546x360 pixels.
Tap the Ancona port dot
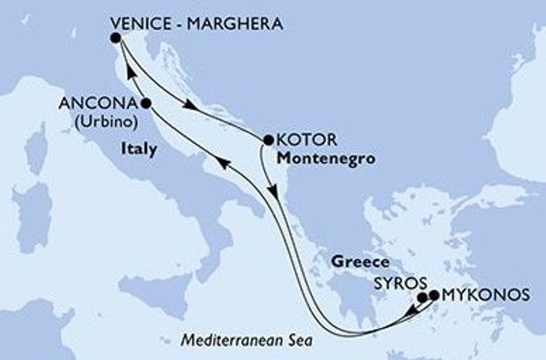click(145, 103)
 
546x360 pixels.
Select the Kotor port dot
click(268, 139)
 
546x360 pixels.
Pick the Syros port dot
click(422, 297)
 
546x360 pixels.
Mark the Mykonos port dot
click(433, 295)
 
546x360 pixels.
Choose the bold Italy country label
click(139, 149)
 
